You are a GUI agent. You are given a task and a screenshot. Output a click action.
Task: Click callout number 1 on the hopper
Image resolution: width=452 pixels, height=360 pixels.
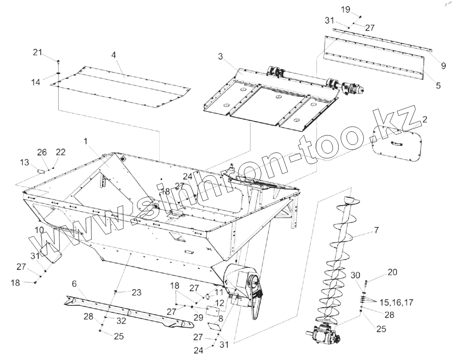point(86,141)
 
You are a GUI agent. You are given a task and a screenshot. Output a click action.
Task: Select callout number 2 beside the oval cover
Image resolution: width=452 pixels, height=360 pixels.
point(424,120)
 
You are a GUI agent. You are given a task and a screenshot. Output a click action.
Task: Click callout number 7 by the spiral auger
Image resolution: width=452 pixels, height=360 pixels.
point(376,230)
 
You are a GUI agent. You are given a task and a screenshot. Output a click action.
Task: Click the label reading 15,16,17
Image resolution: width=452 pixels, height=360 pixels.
point(397,302)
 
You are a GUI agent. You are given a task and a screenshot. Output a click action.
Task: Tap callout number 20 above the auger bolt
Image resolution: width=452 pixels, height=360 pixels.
point(392,272)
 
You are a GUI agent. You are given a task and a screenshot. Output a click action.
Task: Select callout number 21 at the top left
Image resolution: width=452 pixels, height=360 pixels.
point(38,52)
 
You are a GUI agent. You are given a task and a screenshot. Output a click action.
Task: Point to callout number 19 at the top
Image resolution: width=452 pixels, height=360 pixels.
point(346,9)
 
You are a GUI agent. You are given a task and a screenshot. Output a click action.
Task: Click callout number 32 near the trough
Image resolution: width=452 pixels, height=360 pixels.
point(121,321)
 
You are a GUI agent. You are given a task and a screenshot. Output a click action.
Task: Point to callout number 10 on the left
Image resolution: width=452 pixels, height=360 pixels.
point(39,230)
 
